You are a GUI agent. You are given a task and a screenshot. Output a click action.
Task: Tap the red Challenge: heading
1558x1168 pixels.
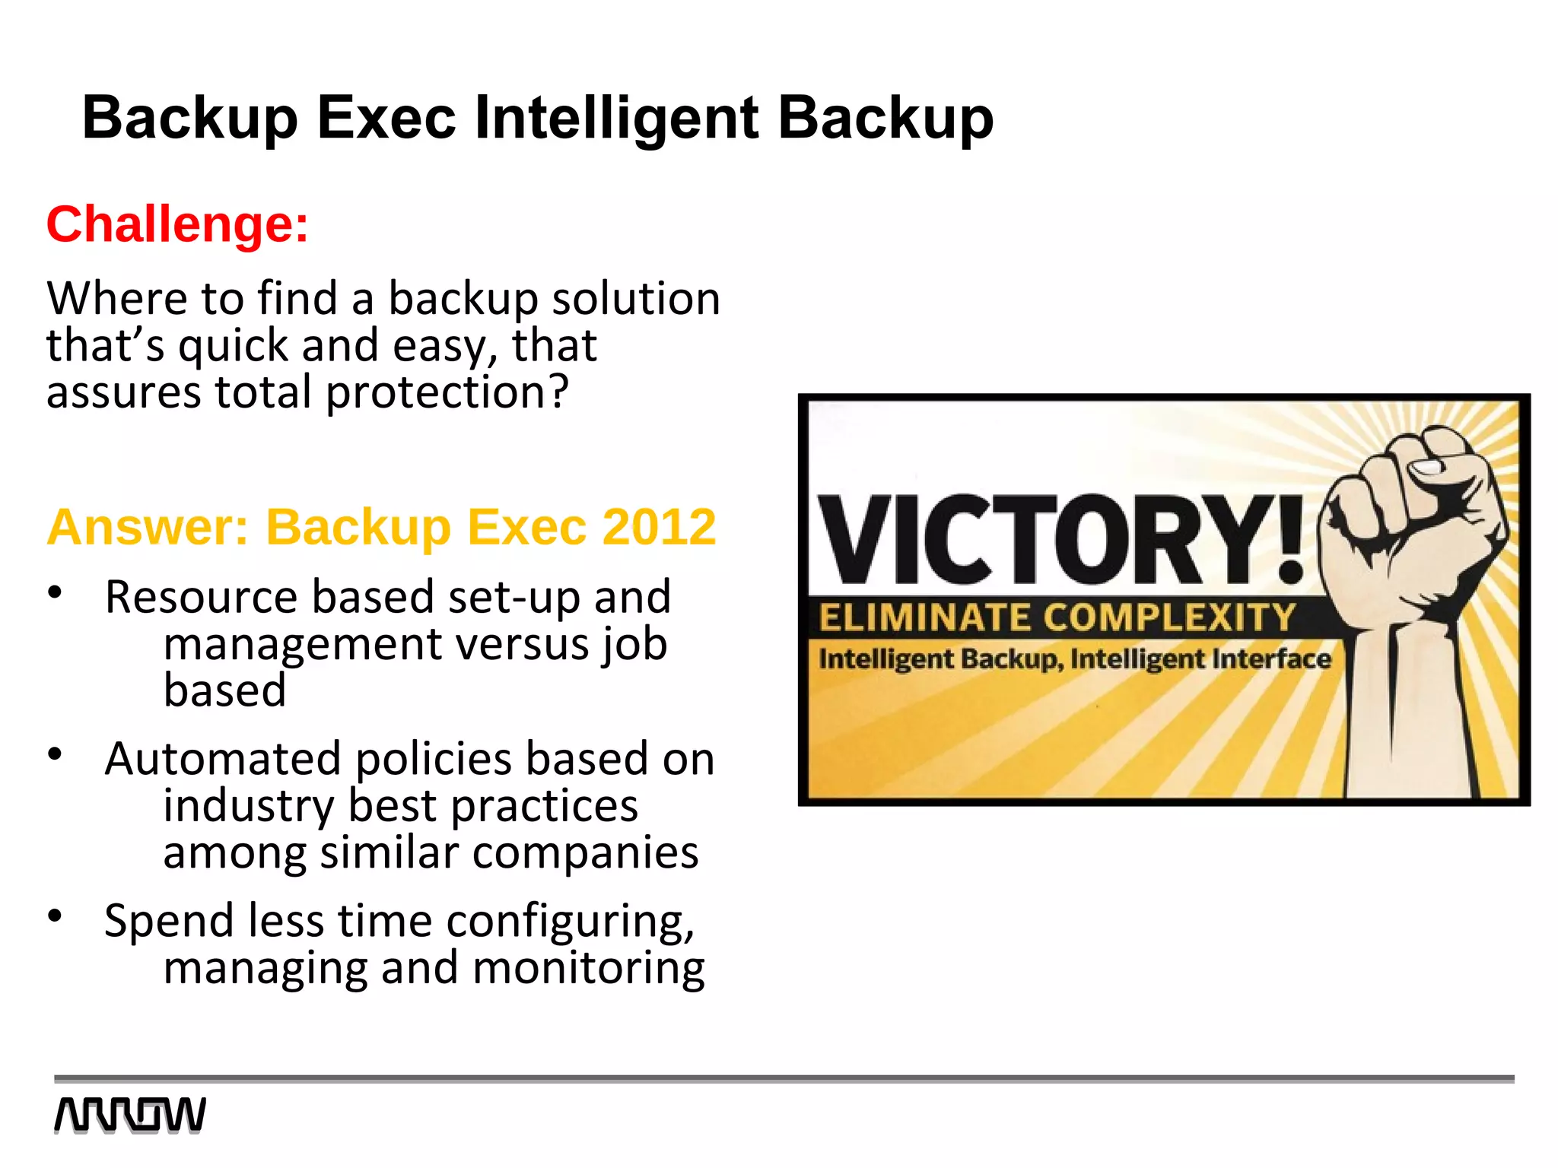177,224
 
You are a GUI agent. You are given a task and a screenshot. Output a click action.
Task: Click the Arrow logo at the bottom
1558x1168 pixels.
130,1115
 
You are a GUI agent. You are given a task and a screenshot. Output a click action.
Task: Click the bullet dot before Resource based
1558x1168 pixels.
55,592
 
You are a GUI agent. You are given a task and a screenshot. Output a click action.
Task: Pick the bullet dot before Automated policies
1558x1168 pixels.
55,754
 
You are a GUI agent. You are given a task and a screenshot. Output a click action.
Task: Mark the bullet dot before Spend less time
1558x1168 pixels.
55,916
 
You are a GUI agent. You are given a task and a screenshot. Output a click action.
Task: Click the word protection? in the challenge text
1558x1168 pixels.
447,393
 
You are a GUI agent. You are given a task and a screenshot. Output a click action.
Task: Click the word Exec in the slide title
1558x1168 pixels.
386,119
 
